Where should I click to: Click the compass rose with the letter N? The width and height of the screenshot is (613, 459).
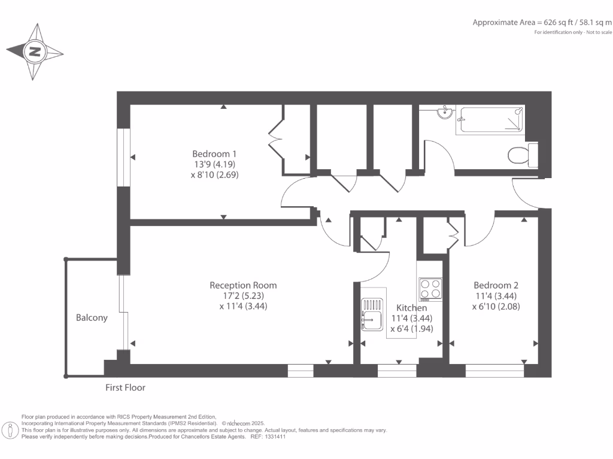pos(35,52)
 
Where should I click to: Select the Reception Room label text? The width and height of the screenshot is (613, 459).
pos(243,285)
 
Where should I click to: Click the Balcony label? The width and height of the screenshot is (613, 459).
pos(92,318)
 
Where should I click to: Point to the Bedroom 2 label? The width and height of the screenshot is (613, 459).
pos(496,285)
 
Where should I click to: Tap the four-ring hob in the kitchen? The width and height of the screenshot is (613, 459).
pos(430,289)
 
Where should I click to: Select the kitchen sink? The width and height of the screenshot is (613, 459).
pos(372,314)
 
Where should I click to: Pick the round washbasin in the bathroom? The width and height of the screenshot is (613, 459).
pos(444,112)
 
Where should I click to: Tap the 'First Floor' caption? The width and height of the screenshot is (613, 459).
pos(125,387)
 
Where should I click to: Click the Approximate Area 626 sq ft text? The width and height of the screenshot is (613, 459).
pos(542,23)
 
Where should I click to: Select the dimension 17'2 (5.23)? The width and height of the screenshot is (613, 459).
pos(242,296)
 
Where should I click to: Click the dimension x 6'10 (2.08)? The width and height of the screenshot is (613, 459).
pos(496,307)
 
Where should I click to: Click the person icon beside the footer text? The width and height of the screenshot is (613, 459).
pos(10,430)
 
